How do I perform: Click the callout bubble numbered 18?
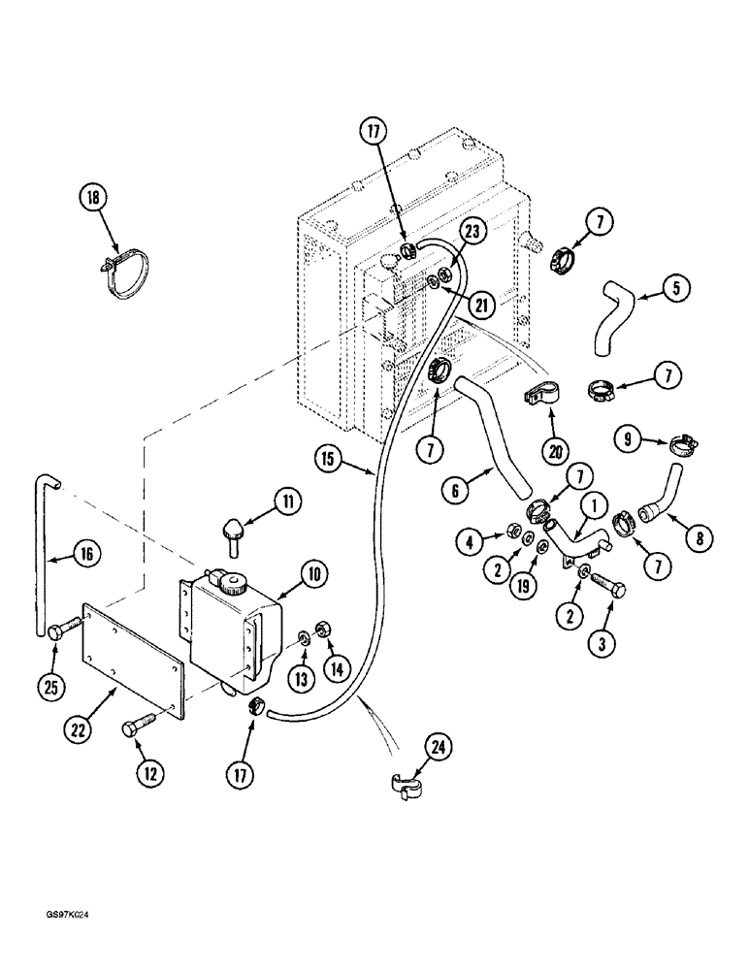pyautogui.click(x=93, y=198)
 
